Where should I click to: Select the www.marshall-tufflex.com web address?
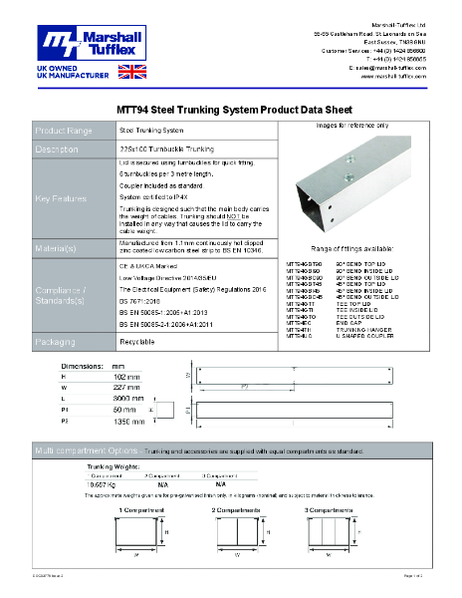point(394,76)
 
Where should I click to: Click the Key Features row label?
point(61,199)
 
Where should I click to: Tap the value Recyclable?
point(136,341)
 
